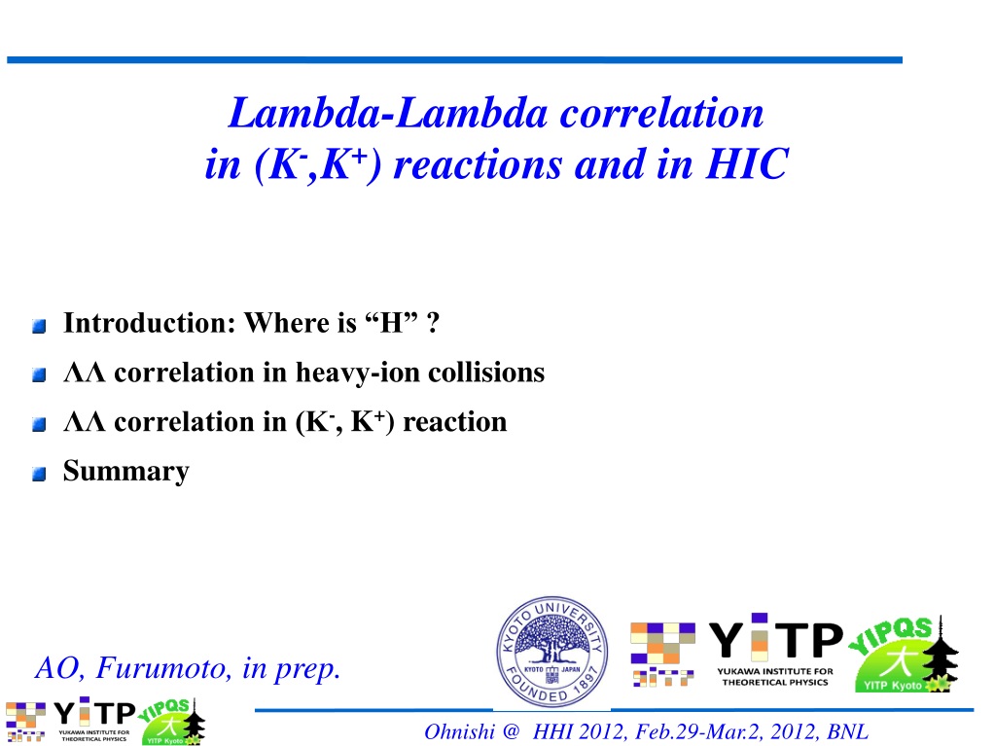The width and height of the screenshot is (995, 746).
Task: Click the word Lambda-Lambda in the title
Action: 387,113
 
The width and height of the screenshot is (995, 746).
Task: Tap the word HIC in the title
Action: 747,163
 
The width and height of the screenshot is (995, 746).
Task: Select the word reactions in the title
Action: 478,164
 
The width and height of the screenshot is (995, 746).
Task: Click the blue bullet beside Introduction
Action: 39,326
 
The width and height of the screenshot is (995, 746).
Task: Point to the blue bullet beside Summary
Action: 39,474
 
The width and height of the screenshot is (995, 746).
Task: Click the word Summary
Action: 125,472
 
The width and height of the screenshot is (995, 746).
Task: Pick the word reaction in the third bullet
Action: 455,422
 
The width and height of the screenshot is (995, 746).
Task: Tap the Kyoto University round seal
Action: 552,653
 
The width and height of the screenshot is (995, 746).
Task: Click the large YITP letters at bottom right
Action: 775,637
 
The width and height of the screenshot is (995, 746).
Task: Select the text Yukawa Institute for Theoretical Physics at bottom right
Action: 775,677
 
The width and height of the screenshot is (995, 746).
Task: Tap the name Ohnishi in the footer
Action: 459,732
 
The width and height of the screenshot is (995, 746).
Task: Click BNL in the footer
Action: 847,732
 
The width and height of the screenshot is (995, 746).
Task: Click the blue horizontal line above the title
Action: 454,60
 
